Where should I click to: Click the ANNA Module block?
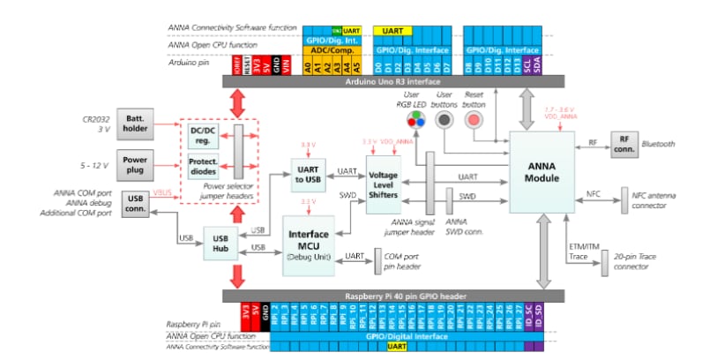pyautogui.click(x=541, y=173)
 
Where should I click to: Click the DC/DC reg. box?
pyautogui.click(x=205, y=133)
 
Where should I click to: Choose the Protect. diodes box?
pyautogui.click(x=205, y=166)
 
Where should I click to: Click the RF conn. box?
pyautogui.click(x=624, y=146)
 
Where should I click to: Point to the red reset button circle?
pyautogui.click(x=474, y=120)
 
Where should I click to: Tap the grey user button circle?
pyautogui.click(x=445, y=120)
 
